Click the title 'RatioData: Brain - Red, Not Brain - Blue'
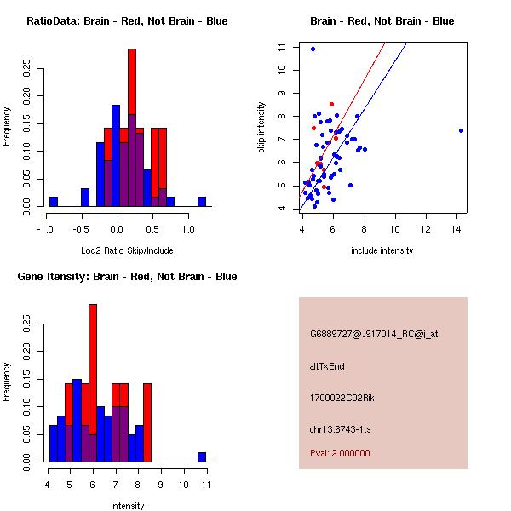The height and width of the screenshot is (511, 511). click(127, 21)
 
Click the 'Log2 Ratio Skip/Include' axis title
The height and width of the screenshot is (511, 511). click(127, 250)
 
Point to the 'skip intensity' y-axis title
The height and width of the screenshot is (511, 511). click(262, 127)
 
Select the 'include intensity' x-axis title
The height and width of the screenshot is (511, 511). click(382, 250)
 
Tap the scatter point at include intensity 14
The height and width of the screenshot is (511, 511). click(461, 130)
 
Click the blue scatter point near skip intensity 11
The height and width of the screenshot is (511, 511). click(313, 49)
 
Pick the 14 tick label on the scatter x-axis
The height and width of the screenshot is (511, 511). click(460, 228)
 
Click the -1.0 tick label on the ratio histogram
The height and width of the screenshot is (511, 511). click(45, 228)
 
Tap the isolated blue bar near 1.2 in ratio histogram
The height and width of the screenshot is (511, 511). click(202, 202)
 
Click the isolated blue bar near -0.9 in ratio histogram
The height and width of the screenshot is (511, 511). click(54, 202)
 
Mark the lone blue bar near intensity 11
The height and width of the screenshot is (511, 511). click(202, 457)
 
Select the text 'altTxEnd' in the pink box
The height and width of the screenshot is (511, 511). click(327, 366)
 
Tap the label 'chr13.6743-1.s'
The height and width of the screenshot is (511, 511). click(338, 428)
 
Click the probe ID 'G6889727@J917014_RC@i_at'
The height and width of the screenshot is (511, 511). click(374, 335)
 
